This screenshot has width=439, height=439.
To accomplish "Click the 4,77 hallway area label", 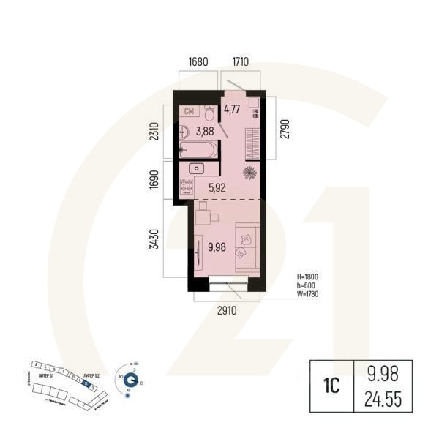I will pyautogui.click(x=232, y=110).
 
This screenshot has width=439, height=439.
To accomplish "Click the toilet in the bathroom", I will pyautogui.click(x=209, y=114).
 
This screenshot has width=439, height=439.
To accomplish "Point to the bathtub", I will pyautogui.click(x=198, y=152).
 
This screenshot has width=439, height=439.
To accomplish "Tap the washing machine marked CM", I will pyautogui.click(x=189, y=112).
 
